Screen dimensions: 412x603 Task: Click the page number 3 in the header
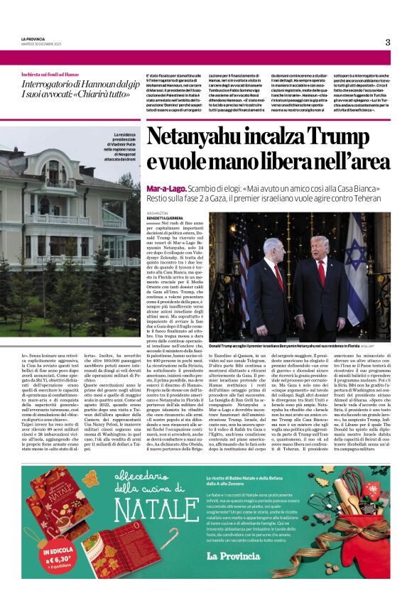point(388,42)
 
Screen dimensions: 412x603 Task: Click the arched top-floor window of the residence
point(53,169)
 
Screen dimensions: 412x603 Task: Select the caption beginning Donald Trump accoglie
point(284,346)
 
